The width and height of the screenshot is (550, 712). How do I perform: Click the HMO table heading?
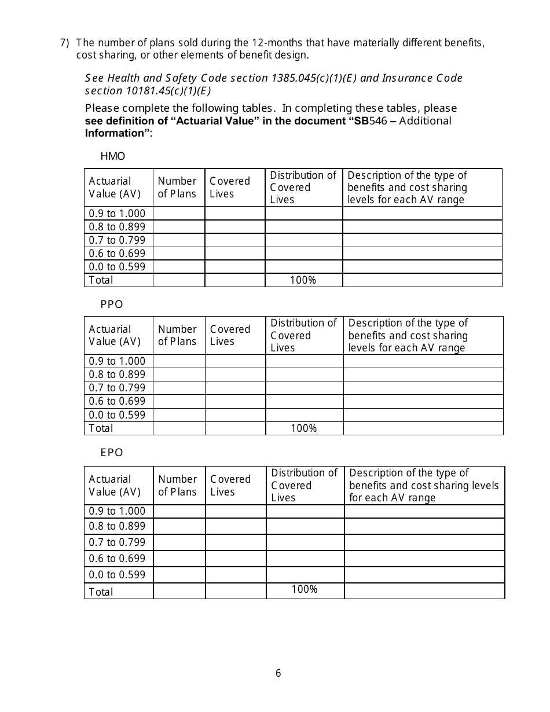[112, 156]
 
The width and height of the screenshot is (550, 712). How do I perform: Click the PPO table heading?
[112, 304]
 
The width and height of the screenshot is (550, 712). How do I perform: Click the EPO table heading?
[112, 453]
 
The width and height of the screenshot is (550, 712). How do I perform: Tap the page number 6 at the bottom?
[278, 673]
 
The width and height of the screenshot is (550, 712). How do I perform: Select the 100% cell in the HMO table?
[303, 280]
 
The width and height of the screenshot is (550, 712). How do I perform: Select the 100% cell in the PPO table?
[303, 428]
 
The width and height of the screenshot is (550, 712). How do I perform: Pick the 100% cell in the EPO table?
[305, 589]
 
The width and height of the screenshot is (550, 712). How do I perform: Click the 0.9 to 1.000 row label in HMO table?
[117, 214]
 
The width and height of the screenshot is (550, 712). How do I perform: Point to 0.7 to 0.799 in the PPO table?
[117, 388]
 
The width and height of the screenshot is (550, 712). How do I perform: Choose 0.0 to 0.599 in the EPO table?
[117, 575]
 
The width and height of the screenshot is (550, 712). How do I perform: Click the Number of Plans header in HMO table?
[178, 188]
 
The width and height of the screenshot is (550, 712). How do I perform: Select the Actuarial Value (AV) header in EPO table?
[115, 486]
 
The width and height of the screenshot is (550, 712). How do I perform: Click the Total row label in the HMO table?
[101, 280]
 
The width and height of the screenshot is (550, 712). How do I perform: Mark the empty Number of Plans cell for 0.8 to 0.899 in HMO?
[179, 227]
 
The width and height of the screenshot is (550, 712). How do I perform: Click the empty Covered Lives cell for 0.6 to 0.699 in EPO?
[236, 559]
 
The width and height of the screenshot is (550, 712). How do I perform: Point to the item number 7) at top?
[65, 43]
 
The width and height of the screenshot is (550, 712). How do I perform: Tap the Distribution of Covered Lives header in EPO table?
[305, 485]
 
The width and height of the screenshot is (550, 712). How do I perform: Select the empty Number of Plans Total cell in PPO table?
[179, 428]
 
